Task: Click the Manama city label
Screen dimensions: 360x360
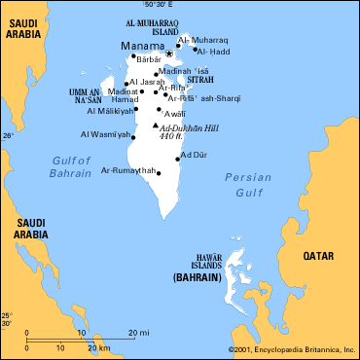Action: coord(141,45)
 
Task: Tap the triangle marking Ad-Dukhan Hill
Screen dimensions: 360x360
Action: coord(156,126)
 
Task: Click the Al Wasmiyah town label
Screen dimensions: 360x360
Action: coord(103,135)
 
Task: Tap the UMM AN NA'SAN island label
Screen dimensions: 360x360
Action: coord(86,95)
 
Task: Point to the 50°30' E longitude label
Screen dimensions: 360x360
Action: coord(167,6)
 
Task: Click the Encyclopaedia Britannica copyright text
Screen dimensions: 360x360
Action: coord(292,349)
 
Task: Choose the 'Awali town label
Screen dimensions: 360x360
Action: coord(176,113)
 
